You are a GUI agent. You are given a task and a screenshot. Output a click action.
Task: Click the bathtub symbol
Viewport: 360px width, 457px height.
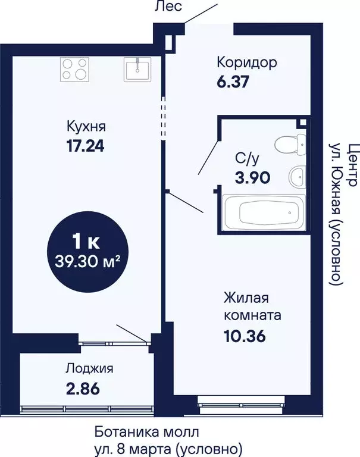263,212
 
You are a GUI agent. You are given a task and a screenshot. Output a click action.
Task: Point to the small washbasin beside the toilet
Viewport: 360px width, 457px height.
298,176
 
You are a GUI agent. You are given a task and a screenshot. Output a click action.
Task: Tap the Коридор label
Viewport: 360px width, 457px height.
246,62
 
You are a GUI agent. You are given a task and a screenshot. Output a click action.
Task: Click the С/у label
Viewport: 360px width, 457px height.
248,159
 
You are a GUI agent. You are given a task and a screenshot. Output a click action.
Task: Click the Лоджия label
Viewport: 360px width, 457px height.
89,368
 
